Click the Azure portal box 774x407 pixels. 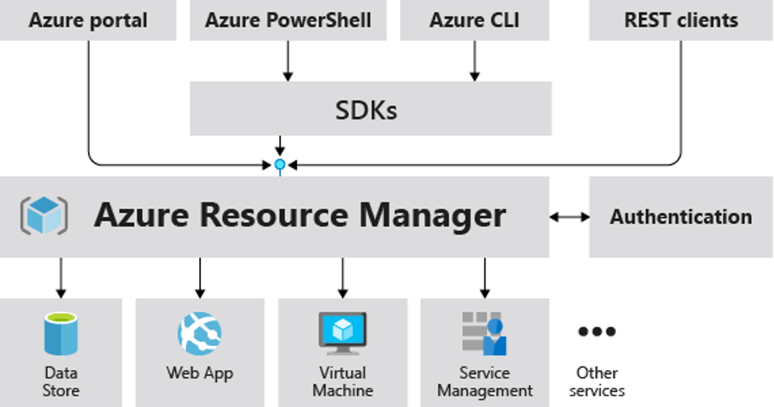pyautogui.click(x=88, y=21)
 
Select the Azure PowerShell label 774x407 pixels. pyautogui.click(x=288, y=21)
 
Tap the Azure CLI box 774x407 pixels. pyautogui.click(x=474, y=21)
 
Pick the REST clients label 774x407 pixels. pyautogui.click(x=681, y=21)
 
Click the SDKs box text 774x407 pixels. pyautogui.click(x=367, y=109)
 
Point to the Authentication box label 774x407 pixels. pyautogui.click(x=681, y=217)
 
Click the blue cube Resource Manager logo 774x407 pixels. pyautogui.click(x=43, y=216)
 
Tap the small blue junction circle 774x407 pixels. pyautogui.click(x=280, y=165)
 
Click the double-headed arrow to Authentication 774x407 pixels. pyautogui.click(x=569, y=217)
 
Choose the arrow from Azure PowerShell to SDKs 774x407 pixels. pyautogui.click(x=288, y=61)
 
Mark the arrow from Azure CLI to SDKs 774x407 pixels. pyautogui.click(x=474, y=61)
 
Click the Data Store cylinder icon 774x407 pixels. pyautogui.click(x=60, y=332)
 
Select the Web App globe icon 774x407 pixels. pyautogui.click(x=200, y=332)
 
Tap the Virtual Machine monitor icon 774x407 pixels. pyautogui.click(x=342, y=331)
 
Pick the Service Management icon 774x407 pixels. pyautogui.click(x=484, y=332)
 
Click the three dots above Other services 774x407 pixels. pyautogui.click(x=597, y=332)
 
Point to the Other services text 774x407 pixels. pyautogui.click(x=597, y=382)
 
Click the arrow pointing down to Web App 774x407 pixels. pyautogui.click(x=200, y=277)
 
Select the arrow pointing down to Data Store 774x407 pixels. pyautogui.click(x=60, y=277)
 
